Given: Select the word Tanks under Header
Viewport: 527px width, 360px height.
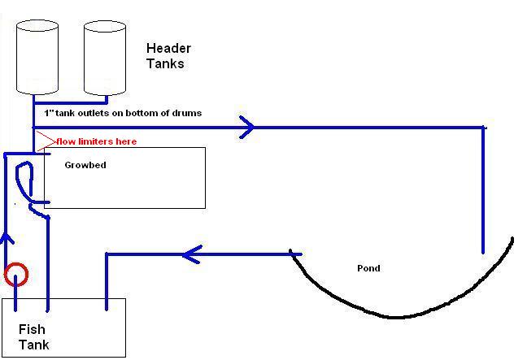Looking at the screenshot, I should [x=164, y=63].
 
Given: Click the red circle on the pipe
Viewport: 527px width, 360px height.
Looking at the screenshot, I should [x=15, y=275].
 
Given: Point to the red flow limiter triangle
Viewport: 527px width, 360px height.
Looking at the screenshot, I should [x=45, y=141].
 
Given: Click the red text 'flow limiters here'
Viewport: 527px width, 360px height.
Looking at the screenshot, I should [x=96, y=141].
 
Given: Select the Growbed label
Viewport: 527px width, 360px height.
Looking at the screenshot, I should [x=85, y=165].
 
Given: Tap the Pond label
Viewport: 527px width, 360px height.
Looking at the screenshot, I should [x=368, y=268].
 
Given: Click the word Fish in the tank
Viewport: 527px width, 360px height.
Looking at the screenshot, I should [x=32, y=330].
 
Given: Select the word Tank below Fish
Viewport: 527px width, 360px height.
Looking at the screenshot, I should [x=34, y=345].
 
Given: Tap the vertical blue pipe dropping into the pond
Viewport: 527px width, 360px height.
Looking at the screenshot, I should [x=483, y=195].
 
